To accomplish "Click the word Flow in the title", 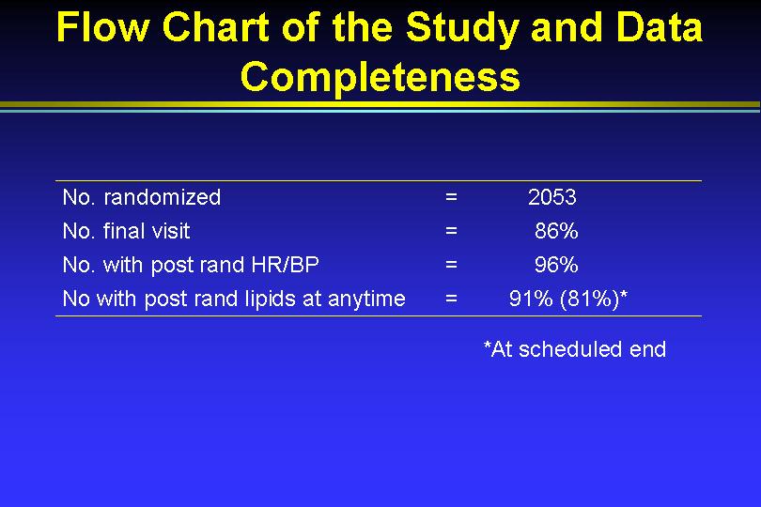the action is (x=102, y=26).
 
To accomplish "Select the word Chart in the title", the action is (x=215, y=26).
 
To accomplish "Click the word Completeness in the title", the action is (x=380, y=77).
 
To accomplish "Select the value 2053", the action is (x=551, y=197).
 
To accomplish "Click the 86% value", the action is (x=555, y=231).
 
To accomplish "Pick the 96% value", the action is (x=555, y=265).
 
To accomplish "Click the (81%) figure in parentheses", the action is (x=590, y=299).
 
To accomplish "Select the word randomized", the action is (x=163, y=197).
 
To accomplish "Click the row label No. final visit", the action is (x=126, y=231).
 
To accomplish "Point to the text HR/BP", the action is (x=285, y=265).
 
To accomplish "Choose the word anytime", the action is (x=366, y=299).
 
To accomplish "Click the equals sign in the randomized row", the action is (x=451, y=197).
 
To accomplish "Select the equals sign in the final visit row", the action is (x=451, y=231).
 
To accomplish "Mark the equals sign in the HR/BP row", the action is (x=451, y=265).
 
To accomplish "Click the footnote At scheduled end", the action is (x=578, y=349).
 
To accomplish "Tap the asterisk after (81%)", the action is (x=624, y=294).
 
